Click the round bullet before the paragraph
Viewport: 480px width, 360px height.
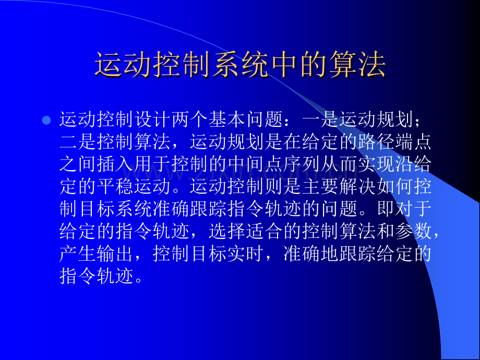click(x=46, y=121)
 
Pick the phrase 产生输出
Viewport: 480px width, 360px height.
click(x=98, y=252)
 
